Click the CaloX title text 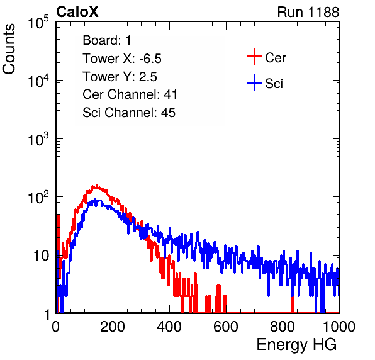coord(77,12)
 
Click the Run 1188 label coord(308,12)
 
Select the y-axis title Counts coord(9,49)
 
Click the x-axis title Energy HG coord(297,345)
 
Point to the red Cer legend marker coord(254,57)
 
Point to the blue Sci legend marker coord(254,82)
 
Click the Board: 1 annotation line coord(107,40)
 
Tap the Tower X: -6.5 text coord(122,59)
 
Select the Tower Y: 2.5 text coord(120,77)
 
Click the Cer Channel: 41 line coord(130,94)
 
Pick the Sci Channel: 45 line coord(129,113)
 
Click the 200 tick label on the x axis coord(113,327)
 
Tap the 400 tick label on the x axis coord(169,327)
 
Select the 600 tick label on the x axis coord(226,327)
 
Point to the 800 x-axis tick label coord(283,327)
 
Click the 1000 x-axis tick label coord(339,327)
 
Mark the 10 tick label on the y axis coord(42,256)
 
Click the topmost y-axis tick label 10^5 coord(38,22)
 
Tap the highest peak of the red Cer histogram coord(97,185)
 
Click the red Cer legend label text coord(275,58)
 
